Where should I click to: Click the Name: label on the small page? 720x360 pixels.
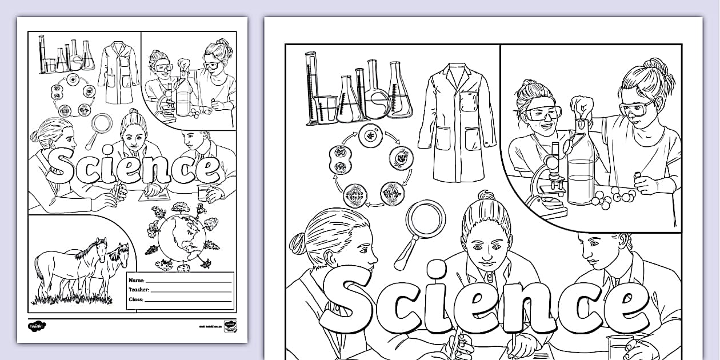coord(136,281)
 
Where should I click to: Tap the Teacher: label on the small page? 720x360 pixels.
coord(139,290)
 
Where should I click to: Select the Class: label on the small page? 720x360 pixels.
coord(135,299)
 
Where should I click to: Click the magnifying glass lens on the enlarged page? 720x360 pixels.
coord(427,218)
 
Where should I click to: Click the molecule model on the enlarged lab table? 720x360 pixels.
coord(614,196)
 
